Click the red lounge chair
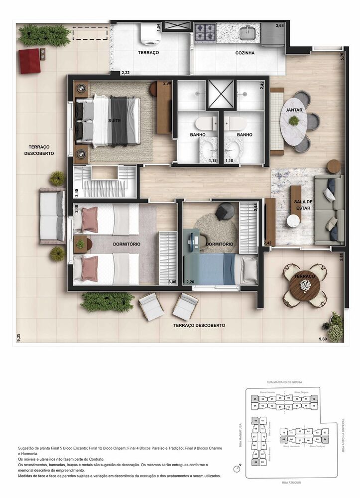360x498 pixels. [x=30, y=61]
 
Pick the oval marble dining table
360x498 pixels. [x=294, y=121]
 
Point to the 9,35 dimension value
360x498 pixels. [x=18, y=338]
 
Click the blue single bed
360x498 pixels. [x=219, y=269]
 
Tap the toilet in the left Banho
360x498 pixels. [x=206, y=124]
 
